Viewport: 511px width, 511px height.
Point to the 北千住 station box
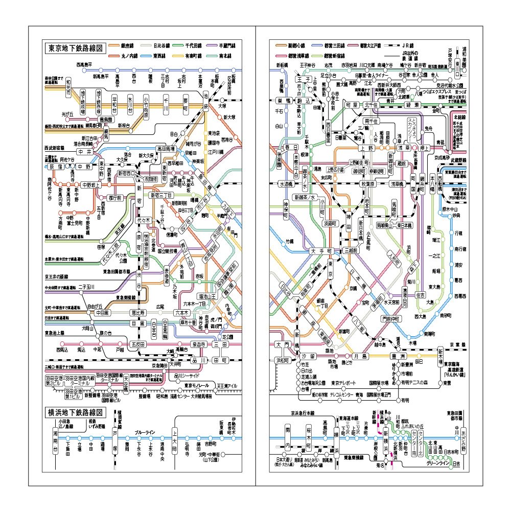371,104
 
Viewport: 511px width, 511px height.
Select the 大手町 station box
321,251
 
